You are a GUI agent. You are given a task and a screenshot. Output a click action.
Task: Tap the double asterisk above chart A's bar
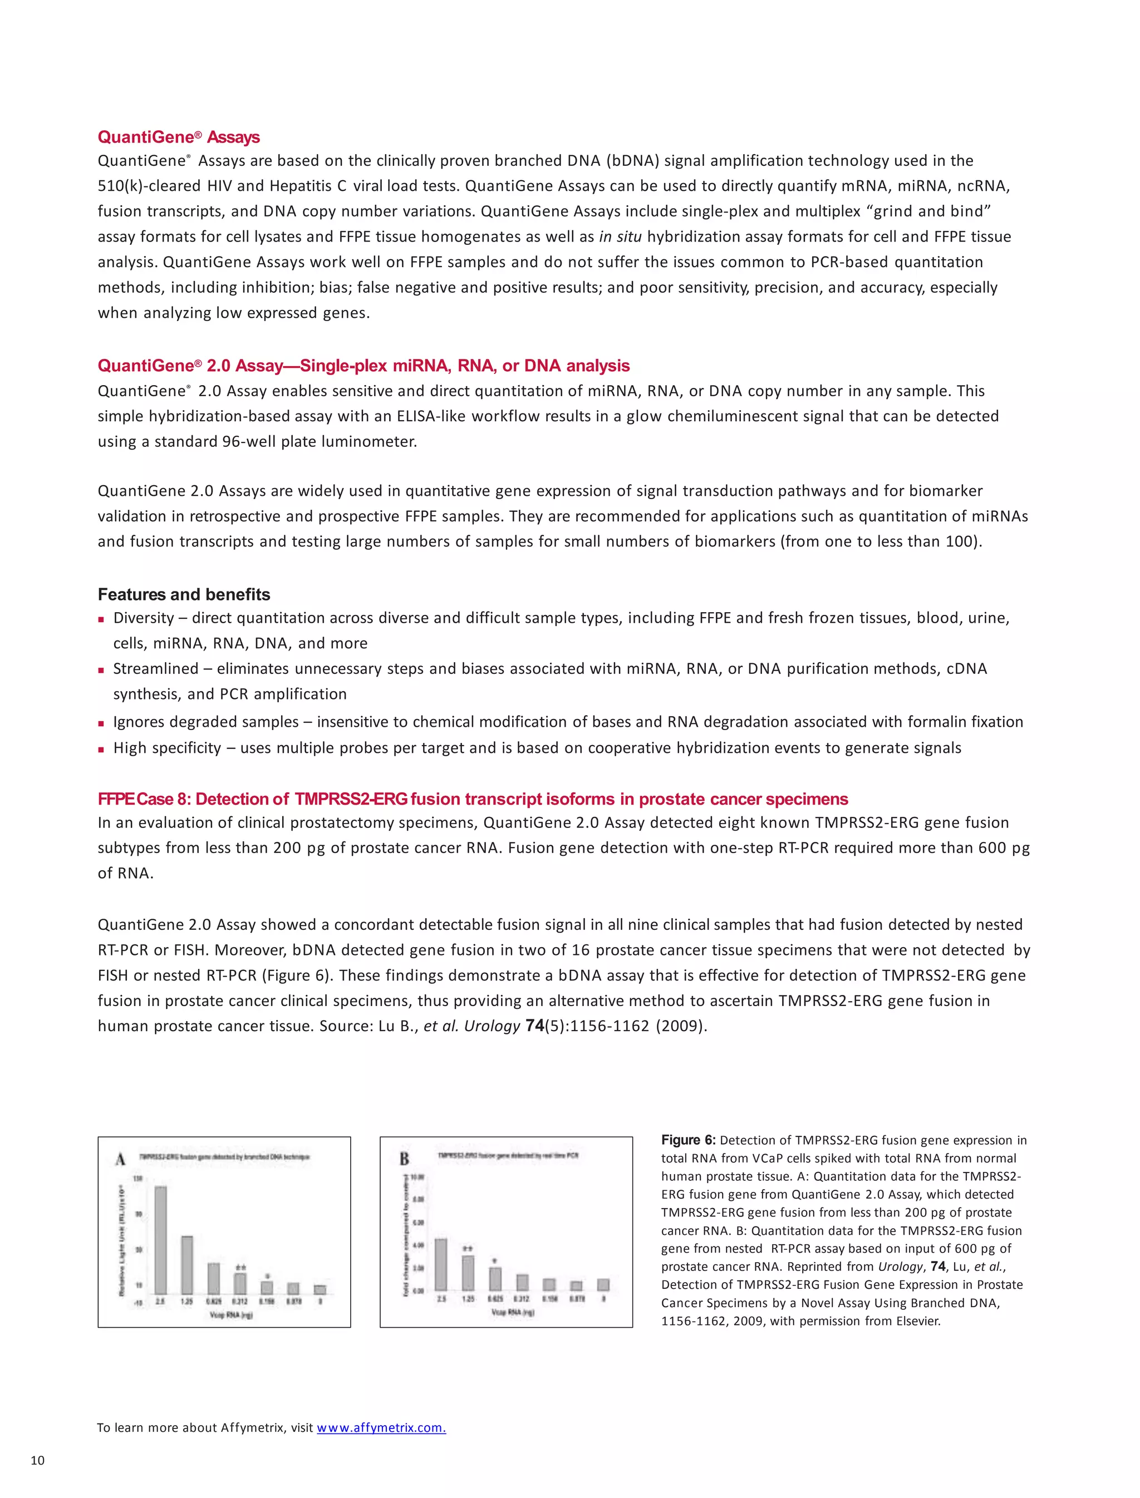(240, 1267)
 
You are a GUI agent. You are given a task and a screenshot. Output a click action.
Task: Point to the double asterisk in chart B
(468, 1248)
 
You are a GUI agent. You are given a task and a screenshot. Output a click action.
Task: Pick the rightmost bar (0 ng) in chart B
(603, 1284)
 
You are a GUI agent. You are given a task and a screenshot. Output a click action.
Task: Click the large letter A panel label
(121, 1160)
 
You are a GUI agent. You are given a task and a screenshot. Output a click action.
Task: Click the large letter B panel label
(405, 1159)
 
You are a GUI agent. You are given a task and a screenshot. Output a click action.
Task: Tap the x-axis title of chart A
(230, 1315)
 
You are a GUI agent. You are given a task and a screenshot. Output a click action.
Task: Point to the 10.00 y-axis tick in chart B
(418, 1176)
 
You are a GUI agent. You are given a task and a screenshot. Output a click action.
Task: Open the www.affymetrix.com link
(381, 1427)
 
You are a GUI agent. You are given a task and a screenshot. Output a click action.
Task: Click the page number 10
(37, 1461)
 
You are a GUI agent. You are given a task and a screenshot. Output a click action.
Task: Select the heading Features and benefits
(184, 594)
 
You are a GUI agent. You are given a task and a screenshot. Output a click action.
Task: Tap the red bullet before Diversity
(101, 619)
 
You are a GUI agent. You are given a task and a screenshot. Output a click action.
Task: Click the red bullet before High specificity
(101, 750)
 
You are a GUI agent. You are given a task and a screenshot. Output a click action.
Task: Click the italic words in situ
(620, 237)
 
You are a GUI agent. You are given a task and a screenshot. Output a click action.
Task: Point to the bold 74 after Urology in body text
(535, 1025)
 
